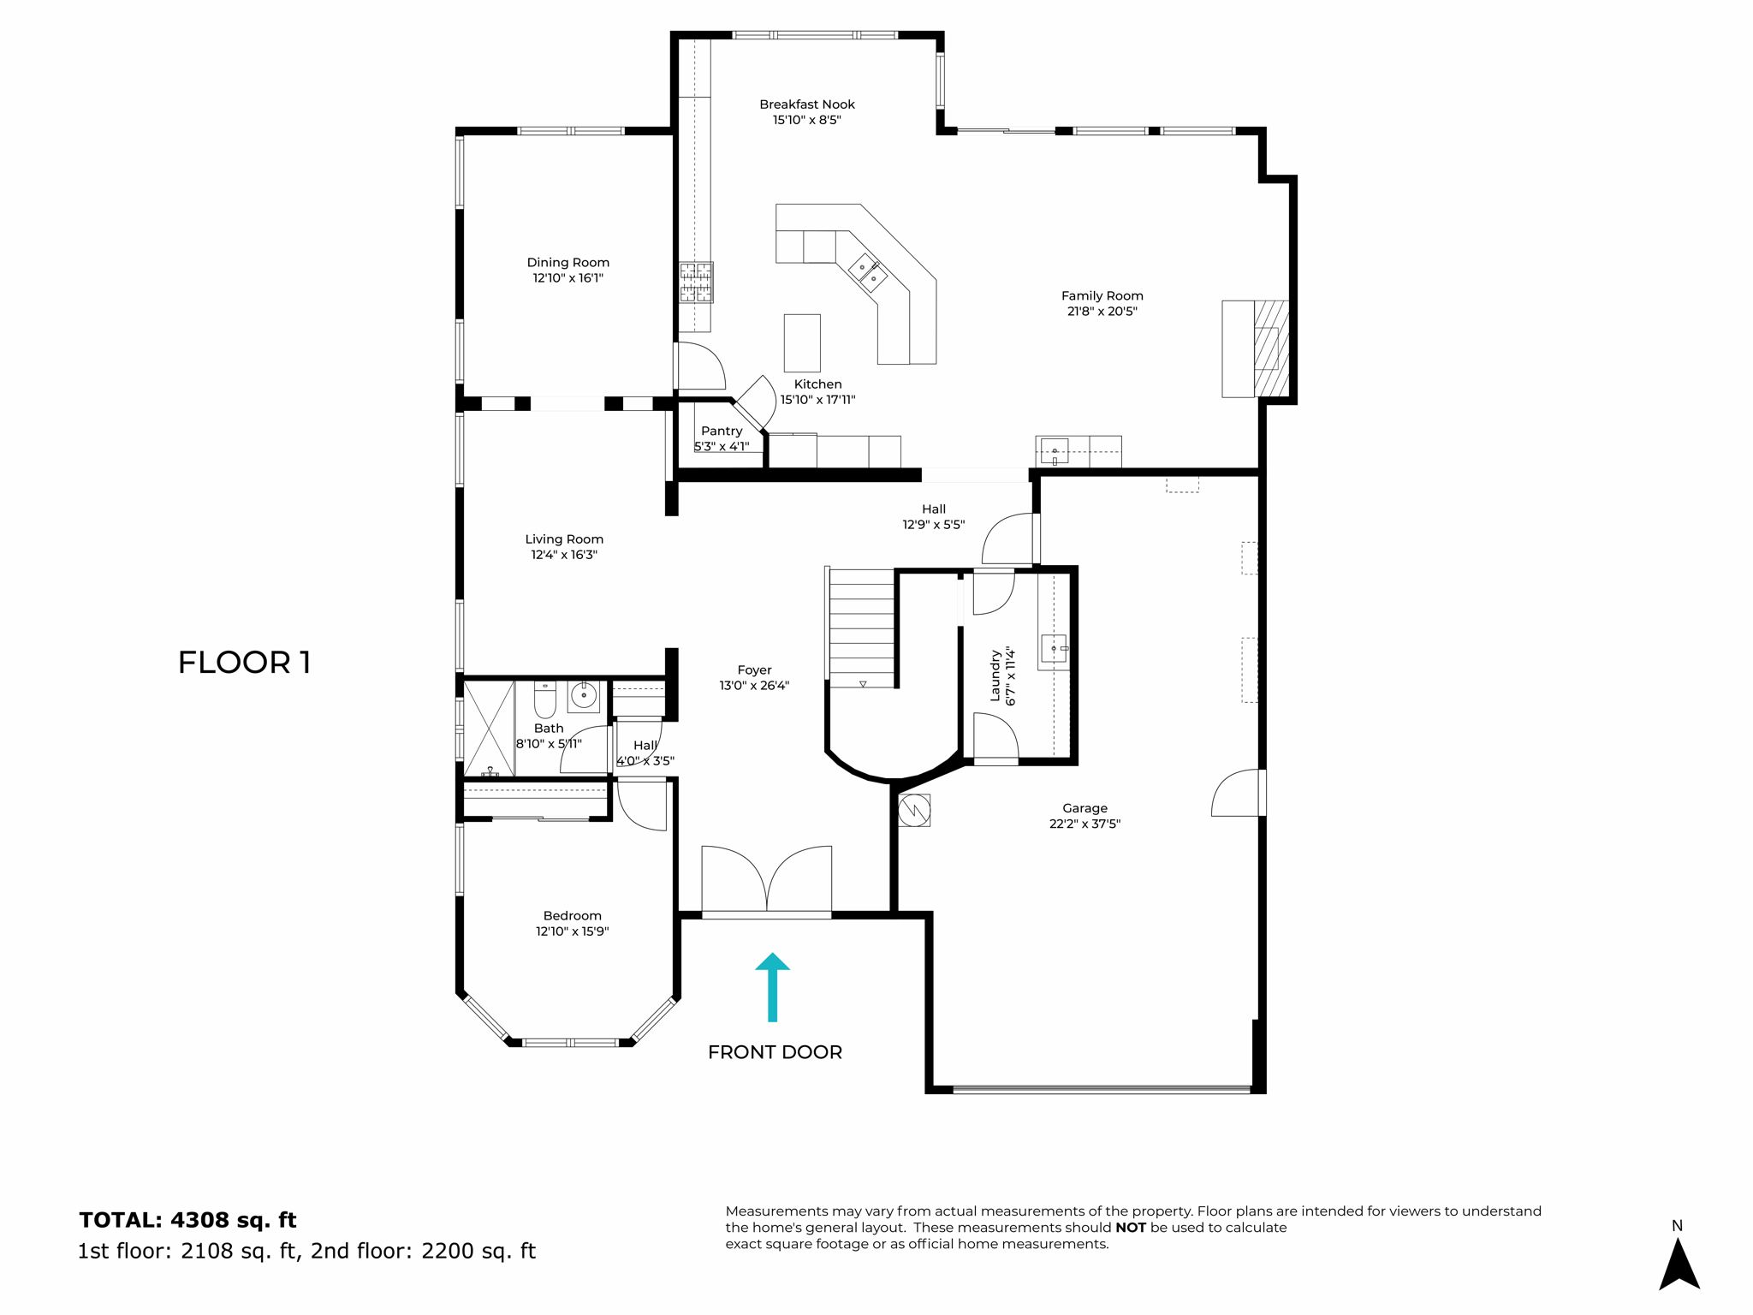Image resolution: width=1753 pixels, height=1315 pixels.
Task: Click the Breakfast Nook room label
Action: tap(806, 104)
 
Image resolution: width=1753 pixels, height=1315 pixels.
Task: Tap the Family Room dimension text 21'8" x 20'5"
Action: tap(1102, 312)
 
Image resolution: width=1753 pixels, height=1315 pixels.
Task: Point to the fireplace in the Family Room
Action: tap(1270, 348)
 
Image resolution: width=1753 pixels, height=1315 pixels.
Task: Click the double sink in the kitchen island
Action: tap(867, 272)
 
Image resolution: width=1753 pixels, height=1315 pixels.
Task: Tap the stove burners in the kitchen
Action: tap(695, 283)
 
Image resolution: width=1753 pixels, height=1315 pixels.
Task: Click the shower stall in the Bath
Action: tap(489, 729)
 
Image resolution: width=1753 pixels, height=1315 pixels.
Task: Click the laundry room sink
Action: tap(1054, 650)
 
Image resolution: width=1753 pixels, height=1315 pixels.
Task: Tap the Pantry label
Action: tap(722, 431)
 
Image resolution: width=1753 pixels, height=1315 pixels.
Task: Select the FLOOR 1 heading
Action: tap(244, 662)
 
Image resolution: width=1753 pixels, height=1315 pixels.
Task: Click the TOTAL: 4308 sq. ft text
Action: tap(187, 1220)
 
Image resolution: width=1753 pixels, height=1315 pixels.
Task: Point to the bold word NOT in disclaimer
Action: tap(1130, 1228)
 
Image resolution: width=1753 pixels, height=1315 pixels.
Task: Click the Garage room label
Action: tap(1084, 808)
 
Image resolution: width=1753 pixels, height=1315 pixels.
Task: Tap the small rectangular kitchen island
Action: tap(802, 342)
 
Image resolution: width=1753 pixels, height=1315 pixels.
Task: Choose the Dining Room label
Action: tap(567, 263)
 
